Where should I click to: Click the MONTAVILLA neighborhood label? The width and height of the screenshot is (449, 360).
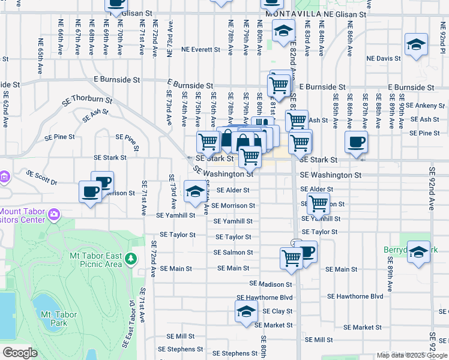click(290, 13)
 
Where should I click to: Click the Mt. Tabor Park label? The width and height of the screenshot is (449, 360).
click(58, 319)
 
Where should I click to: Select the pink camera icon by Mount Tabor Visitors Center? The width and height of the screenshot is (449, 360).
click(54, 214)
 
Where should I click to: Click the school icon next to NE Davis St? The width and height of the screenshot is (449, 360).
click(416, 45)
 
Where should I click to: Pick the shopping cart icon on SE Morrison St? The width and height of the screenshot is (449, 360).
click(318, 203)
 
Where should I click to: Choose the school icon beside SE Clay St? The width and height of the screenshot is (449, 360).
click(246, 311)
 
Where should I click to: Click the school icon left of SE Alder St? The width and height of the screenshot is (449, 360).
click(194, 191)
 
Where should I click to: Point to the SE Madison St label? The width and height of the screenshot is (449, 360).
click(271, 284)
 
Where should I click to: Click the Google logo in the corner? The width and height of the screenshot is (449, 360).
click(20, 353)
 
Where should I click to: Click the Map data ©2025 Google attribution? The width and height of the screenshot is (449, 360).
click(411, 355)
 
